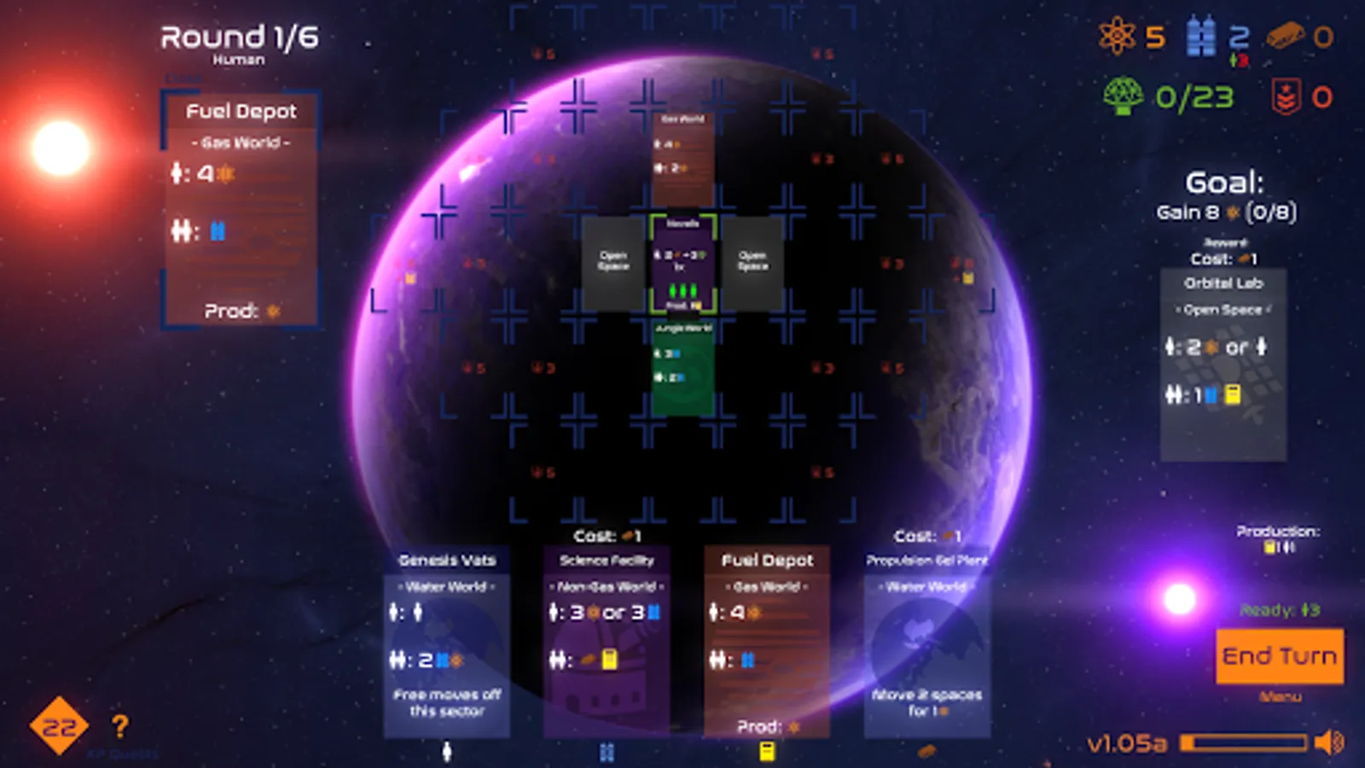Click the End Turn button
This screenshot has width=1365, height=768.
click(1279, 655)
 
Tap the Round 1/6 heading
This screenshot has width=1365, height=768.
click(239, 38)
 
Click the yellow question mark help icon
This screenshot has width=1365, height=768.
click(119, 726)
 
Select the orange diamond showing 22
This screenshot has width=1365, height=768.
click(59, 726)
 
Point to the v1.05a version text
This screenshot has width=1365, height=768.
click(1126, 744)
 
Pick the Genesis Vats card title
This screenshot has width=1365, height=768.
click(447, 561)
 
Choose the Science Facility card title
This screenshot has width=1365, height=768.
click(607, 561)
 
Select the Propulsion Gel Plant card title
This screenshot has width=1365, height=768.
click(926, 561)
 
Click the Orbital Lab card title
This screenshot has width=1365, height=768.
click(1223, 283)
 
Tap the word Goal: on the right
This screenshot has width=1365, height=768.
click(1224, 183)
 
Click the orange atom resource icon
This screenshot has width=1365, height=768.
click(1117, 37)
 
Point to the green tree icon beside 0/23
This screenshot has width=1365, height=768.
click(1123, 96)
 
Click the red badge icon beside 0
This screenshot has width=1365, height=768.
click(1285, 96)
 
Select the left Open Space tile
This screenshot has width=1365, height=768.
click(613, 261)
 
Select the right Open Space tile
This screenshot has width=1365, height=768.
click(752, 261)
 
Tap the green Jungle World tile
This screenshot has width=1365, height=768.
click(682, 367)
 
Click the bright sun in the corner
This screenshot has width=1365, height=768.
click(61, 148)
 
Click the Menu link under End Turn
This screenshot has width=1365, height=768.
click(1280, 697)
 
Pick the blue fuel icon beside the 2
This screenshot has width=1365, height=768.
click(1201, 38)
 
